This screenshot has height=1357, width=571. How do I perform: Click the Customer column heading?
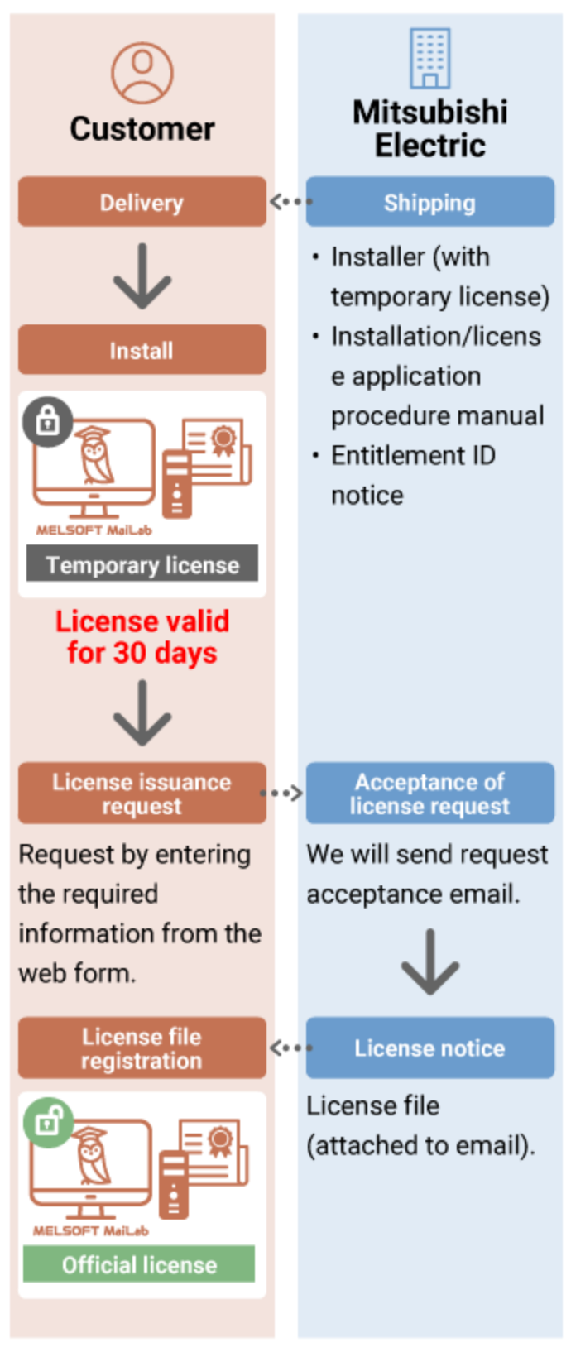coord(142,129)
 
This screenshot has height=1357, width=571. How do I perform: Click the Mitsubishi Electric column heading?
coord(429,129)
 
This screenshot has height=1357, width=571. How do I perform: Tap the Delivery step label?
coord(142,203)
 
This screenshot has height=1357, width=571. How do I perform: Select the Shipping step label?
coord(429,203)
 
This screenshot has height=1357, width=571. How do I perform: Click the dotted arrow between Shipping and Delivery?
coord(290,201)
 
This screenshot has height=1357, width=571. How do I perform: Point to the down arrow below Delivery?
coord(142,276)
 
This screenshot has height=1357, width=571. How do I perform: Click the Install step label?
coord(142,351)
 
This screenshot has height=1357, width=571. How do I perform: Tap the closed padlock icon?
coord(47,421)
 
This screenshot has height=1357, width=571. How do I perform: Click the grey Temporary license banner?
coord(142,564)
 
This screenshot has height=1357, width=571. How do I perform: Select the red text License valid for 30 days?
coord(142,637)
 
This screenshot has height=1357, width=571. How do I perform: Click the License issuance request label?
coord(142,794)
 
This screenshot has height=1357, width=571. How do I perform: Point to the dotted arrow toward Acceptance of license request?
coord(282,794)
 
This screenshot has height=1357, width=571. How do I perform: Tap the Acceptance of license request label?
coord(429,794)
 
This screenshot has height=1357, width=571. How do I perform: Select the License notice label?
coord(429,1048)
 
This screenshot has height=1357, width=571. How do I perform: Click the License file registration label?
coord(142,1048)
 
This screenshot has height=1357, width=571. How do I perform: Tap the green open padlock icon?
coord(48,1121)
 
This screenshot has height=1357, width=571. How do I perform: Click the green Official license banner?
coord(139,1264)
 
